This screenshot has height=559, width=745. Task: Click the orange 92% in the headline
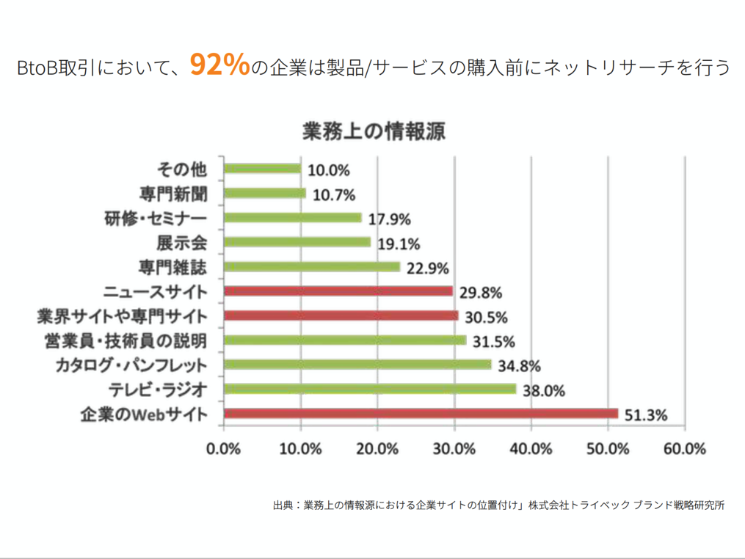(219, 65)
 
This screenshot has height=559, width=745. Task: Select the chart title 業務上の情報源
(374, 132)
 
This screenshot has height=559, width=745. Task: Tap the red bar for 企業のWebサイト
(421, 414)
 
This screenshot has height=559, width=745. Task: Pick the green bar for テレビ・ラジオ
(370, 389)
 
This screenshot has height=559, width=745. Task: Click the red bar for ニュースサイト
(338, 291)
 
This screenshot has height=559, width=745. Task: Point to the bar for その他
(262, 169)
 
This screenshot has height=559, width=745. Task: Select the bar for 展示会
(297, 242)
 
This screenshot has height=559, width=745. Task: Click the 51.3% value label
(646, 416)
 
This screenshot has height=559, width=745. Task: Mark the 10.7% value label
(334, 195)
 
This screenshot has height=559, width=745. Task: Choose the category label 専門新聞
(173, 194)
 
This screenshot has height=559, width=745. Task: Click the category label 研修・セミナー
(155, 219)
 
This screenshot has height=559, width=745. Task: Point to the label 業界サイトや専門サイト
(122, 316)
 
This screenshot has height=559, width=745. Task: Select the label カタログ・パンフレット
(131, 365)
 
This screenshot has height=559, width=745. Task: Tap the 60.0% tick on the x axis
(684, 449)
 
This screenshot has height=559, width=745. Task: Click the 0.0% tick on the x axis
(224, 449)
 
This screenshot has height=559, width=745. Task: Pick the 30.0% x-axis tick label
(454, 449)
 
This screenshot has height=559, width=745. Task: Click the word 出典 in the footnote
(283, 505)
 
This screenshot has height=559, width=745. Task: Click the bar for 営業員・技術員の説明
(345, 340)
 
